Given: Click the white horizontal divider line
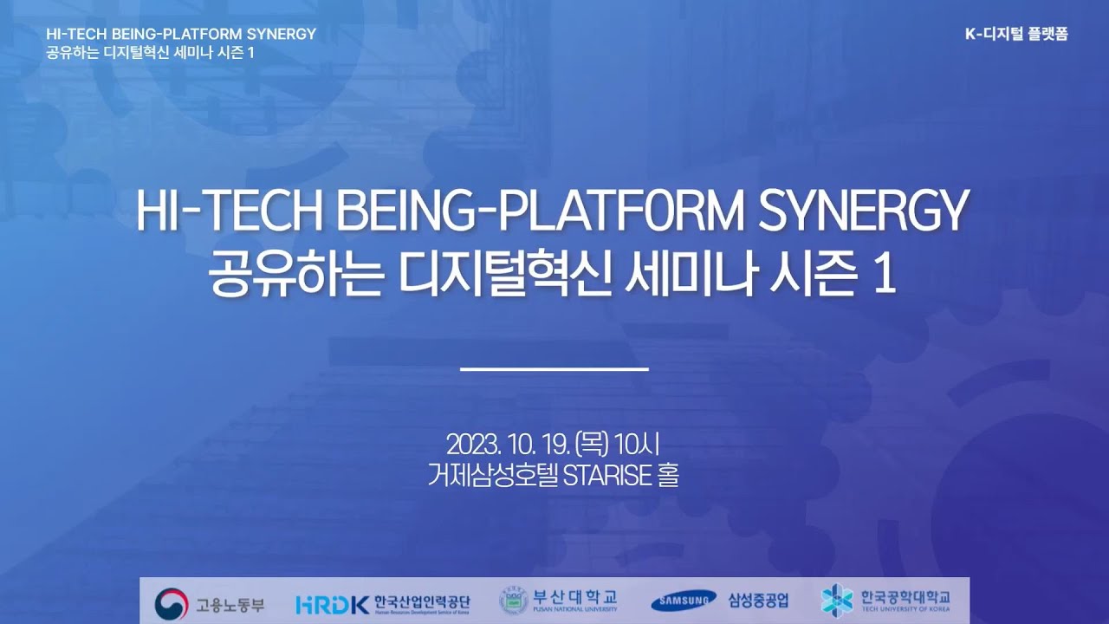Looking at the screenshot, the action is pyautogui.click(x=554, y=369).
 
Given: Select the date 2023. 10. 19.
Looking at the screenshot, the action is pyautogui.click(x=508, y=445).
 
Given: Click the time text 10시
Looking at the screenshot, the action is pyautogui.click(x=636, y=445).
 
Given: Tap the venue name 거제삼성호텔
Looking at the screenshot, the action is pyautogui.click(x=493, y=475).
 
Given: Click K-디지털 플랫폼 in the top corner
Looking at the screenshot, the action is pyautogui.click(x=1016, y=34).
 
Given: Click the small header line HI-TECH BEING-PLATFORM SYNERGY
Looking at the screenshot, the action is pyautogui.click(x=181, y=34).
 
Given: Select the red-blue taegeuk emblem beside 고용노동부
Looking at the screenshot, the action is pyautogui.click(x=172, y=604).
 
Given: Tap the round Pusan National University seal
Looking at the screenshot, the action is pyautogui.click(x=514, y=601).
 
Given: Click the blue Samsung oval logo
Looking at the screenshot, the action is pyautogui.click(x=684, y=601).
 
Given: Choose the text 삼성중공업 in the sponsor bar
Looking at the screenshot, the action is pyautogui.click(x=758, y=601).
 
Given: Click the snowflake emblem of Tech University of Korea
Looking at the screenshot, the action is pyautogui.click(x=837, y=601).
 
